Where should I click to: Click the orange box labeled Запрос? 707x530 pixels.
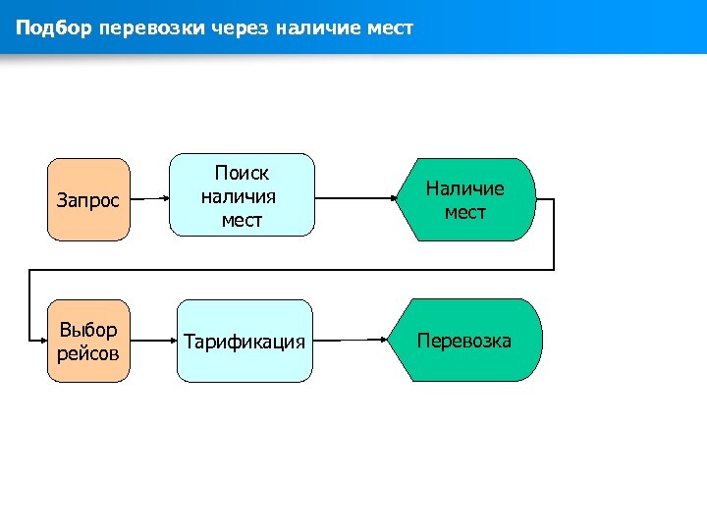click(88, 199)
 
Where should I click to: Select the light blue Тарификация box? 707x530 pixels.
click(245, 341)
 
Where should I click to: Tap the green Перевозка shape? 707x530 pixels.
click(468, 341)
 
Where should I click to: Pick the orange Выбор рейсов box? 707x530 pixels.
click(88, 341)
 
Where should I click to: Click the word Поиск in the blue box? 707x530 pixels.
click(242, 173)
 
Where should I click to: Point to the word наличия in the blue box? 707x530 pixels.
click(239, 196)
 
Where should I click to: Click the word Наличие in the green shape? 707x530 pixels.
click(464, 188)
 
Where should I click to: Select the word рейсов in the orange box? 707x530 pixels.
click(87, 352)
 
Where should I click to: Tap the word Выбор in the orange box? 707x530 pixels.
click(88, 330)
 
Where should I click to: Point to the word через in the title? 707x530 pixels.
click(241, 27)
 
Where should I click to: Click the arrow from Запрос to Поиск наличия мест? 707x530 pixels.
click(149, 199)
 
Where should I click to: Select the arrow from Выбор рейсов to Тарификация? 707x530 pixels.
click(153, 341)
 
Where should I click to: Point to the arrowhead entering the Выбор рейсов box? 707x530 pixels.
click(42, 342)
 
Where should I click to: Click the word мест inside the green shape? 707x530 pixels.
click(464, 212)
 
